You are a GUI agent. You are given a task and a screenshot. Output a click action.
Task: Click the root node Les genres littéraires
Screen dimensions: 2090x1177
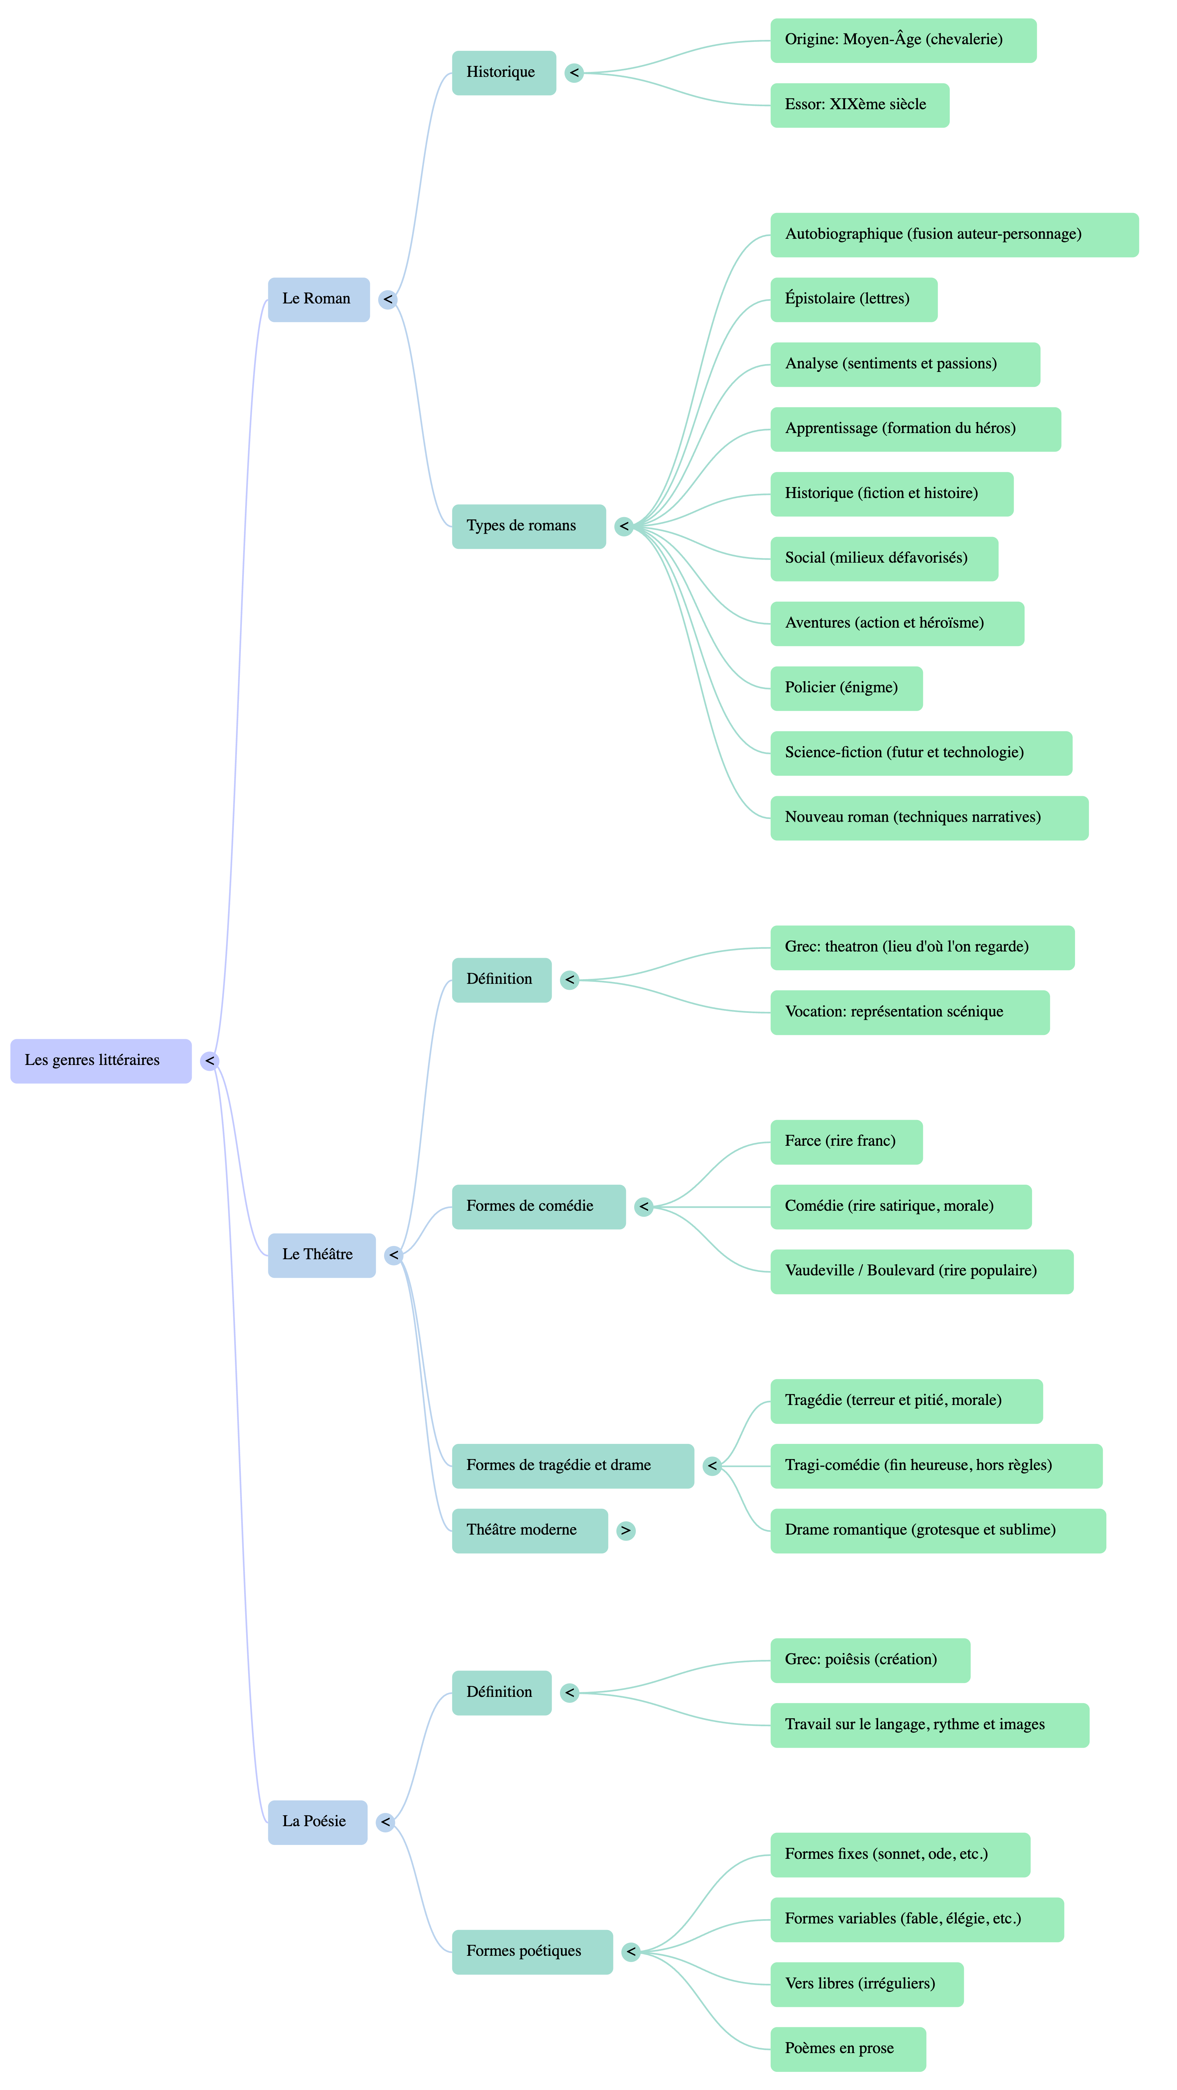point(101,1060)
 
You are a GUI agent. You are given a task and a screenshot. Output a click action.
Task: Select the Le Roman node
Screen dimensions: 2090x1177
point(318,299)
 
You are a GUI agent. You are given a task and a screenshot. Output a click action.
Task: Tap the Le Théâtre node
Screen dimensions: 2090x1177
point(321,1255)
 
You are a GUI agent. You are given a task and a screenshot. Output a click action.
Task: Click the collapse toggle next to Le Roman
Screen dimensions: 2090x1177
point(388,299)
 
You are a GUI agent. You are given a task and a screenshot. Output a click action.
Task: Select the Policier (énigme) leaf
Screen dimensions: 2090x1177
point(846,688)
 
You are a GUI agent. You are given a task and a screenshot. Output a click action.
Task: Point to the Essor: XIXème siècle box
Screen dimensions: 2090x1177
point(859,105)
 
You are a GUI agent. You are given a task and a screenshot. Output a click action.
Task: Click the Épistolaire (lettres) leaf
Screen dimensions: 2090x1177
point(853,299)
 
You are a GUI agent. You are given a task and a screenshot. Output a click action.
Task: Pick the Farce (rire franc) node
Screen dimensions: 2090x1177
point(846,1141)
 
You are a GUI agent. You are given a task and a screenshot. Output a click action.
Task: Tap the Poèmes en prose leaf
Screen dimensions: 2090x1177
point(847,2049)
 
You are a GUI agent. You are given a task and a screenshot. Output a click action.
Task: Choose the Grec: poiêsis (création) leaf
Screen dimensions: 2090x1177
point(869,1660)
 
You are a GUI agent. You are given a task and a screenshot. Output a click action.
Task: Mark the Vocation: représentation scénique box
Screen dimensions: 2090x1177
point(909,1013)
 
